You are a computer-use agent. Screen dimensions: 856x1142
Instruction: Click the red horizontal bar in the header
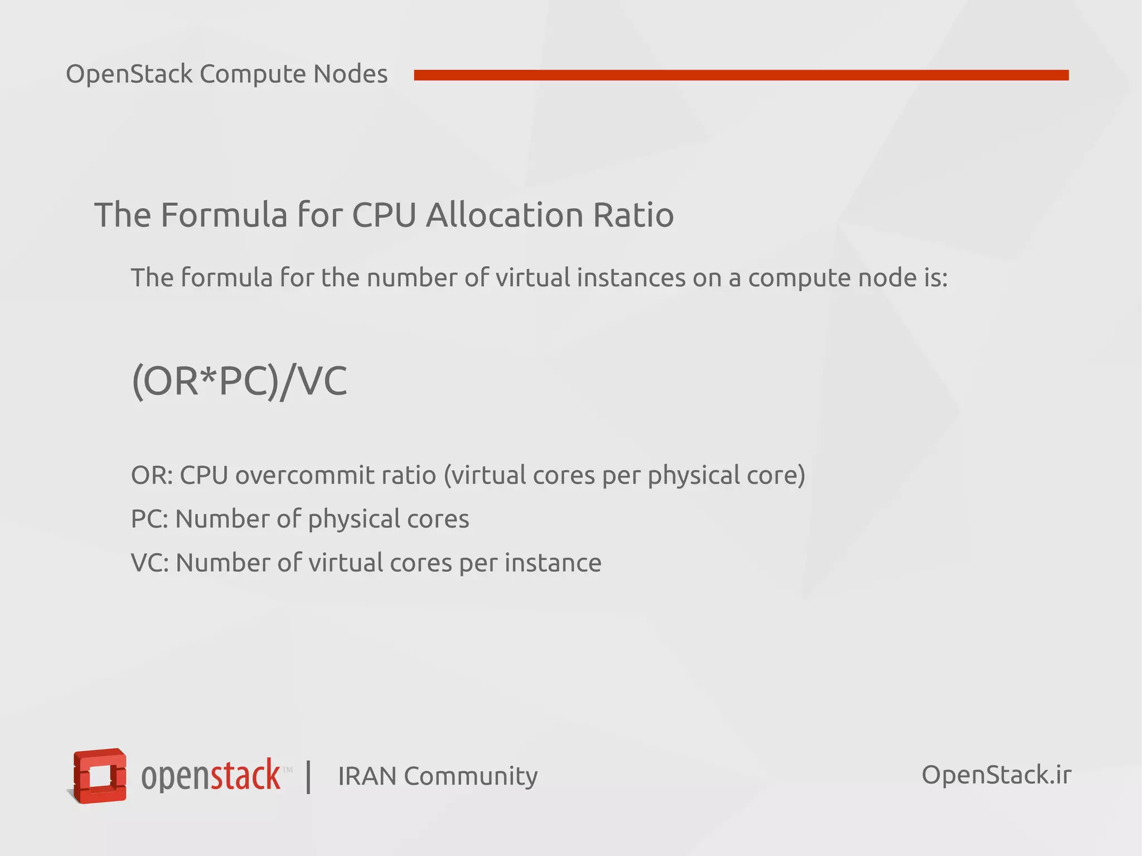pyautogui.click(x=741, y=75)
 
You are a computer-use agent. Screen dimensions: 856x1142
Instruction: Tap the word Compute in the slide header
pyautogui.click(x=253, y=74)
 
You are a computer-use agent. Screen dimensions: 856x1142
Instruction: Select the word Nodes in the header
pyautogui.click(x=350, y=74)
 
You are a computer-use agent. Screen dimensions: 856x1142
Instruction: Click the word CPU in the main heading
pyautogui.click(x=384, y=215)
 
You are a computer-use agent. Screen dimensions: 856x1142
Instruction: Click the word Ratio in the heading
pyautogui.click(x=633, y=215)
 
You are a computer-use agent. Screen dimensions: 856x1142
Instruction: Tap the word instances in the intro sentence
pyautogui.click(x=631, y=278)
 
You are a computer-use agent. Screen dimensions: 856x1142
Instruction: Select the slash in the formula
pyautogui.click(x=286, y=383)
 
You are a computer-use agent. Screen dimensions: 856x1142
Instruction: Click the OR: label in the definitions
pyautogui.click(x=152, y=475)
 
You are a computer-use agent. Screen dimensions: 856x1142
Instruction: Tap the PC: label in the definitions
pyautogui.click(x=149, y=519)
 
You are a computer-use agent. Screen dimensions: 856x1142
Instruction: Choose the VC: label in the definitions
pyautogui.click(x=149, y=563)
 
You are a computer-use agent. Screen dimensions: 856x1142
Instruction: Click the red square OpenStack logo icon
pyautogui.click(x=100, y=776)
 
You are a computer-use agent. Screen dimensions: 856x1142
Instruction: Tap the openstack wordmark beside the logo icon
pyautogui.click(x=211, y=776)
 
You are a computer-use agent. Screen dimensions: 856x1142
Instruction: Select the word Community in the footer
pyautogui.click(x=471, y=776)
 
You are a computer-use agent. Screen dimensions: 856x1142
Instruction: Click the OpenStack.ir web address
pyautogui.click(x=996, y=775)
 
